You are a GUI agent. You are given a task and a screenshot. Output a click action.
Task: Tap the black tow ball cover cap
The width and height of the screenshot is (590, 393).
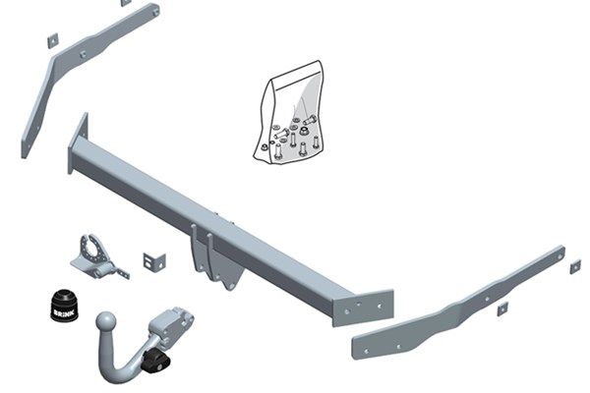click(x=61, y=299)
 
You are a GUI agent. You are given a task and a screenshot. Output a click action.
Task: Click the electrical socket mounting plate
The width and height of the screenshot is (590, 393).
click(x=92, y=254)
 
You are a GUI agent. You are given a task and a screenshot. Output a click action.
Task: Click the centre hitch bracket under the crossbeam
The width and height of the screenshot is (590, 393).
click(x=210, y=254)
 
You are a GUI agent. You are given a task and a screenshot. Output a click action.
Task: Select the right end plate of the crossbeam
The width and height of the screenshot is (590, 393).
click(x=365, y=308)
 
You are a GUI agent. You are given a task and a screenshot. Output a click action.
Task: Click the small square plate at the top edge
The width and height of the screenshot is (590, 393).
click(x=125, y=3)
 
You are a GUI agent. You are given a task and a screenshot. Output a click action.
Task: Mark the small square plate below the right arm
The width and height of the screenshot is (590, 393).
click(x=501, y=309)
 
